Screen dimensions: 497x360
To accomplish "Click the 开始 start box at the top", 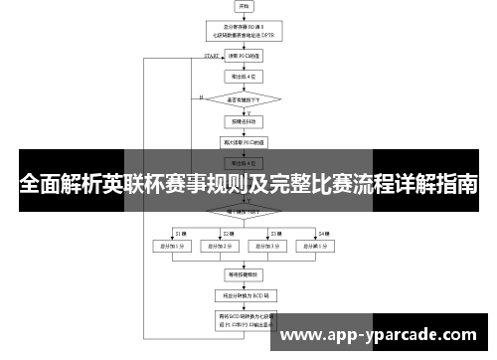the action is pyautogui.click(x=246, y=7).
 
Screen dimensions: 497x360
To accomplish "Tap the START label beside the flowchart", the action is pyautogui.click(x=212, y=56).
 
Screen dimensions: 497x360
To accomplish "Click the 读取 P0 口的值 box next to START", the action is pyautogui.click(x=246, y=57).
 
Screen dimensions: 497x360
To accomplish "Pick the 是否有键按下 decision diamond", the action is pyautogui.click(x=246, y=98).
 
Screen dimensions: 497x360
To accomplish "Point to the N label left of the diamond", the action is pyautogui.click(x=201, y=97).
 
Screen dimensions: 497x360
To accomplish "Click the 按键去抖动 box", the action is pyautogui.click(x=246, y=122).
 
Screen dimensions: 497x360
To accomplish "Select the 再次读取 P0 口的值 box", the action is pyautogui.click(x=246, y=142).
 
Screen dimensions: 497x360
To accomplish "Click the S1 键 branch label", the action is pyautogui.click(x=179, y=232).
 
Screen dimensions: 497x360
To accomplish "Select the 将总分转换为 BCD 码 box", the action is pyautogui.click(x=246, y=295).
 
